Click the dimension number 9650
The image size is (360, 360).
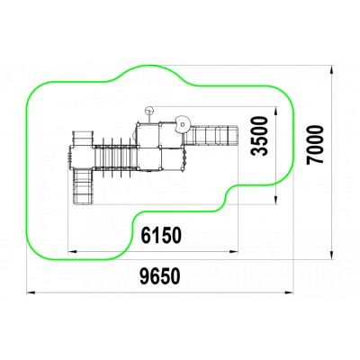click(160, 276)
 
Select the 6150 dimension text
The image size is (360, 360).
click(161, 235)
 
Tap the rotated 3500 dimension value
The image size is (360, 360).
click(259, 136)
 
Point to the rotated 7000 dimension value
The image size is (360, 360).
click(315, 145)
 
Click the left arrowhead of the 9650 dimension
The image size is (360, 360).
click(31, 292)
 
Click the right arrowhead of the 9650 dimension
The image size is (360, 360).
click(289, 292)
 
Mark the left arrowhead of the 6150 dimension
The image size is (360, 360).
click(73, 252)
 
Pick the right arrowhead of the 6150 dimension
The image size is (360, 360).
click(234, 252)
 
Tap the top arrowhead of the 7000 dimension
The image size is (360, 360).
click(332, 70)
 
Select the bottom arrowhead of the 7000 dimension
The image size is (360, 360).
click(332, 255)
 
